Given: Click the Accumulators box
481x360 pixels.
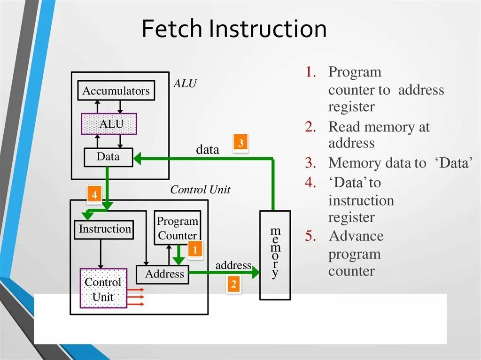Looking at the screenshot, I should coord(116,91).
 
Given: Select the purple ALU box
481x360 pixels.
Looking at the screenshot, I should coord(109,124).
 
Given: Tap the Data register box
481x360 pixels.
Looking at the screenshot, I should coord(109,157).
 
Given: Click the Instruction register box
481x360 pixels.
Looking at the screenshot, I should coord(104,229).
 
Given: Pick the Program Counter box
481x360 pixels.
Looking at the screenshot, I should coord(177,228).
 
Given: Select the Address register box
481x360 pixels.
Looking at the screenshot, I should coord(163,274).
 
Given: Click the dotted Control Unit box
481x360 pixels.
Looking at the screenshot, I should coord(103,289).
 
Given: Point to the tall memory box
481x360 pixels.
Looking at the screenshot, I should coord(275,255).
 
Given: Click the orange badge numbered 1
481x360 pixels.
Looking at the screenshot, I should coord(195,250).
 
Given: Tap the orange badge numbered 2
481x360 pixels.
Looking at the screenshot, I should coord(233,284).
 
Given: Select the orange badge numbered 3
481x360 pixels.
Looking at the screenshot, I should coord(240,143).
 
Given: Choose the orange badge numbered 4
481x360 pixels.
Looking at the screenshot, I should coord(94,194).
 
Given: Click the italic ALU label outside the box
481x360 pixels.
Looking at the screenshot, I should coord(185,84).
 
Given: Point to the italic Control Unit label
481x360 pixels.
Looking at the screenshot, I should coord(200,190).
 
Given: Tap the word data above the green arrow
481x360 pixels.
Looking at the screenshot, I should coord(208,150).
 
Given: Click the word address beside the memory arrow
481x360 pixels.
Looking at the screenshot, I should coord(233,265).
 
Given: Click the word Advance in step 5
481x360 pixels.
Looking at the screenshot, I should coord(356,236).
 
